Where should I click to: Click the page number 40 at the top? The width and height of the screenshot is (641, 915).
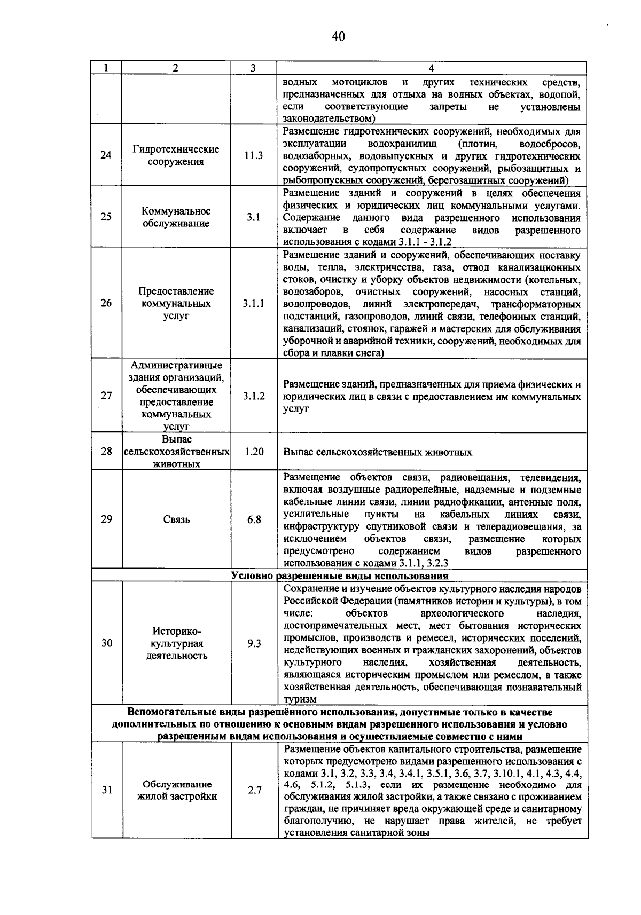338,36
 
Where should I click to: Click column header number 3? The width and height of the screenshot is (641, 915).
253,68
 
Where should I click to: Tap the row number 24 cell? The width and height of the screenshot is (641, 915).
106,155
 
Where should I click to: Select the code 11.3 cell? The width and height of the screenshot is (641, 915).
254,155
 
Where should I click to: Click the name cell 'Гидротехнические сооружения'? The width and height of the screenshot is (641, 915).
176,155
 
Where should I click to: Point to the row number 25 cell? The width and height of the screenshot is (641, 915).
106,217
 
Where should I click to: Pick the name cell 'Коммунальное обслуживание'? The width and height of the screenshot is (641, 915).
176,217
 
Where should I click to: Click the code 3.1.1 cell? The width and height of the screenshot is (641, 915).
254,303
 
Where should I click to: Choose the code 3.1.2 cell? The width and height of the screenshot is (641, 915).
254,396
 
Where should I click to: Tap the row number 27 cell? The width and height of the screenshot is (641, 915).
106,396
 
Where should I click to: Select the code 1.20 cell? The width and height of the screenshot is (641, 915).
254,452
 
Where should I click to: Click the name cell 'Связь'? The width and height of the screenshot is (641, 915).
176,519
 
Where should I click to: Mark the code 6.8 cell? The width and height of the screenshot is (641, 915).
254,519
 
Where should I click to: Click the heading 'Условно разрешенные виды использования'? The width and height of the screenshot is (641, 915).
340,576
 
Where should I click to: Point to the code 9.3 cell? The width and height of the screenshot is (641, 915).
254,643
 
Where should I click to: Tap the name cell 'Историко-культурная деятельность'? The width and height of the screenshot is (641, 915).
176,643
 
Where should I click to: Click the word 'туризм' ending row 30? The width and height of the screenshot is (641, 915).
300,699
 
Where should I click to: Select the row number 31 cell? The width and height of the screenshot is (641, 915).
106,790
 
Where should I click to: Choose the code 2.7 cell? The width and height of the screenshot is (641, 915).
254,790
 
